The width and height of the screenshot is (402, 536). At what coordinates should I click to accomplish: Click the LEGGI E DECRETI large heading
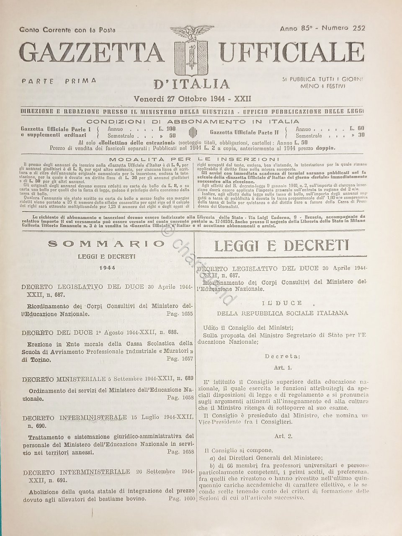281,245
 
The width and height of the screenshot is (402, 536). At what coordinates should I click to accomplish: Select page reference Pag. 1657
178,359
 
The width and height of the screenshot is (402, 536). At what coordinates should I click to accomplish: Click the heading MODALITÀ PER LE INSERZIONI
192,159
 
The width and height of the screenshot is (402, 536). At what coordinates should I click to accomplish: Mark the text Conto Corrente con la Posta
67,30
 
